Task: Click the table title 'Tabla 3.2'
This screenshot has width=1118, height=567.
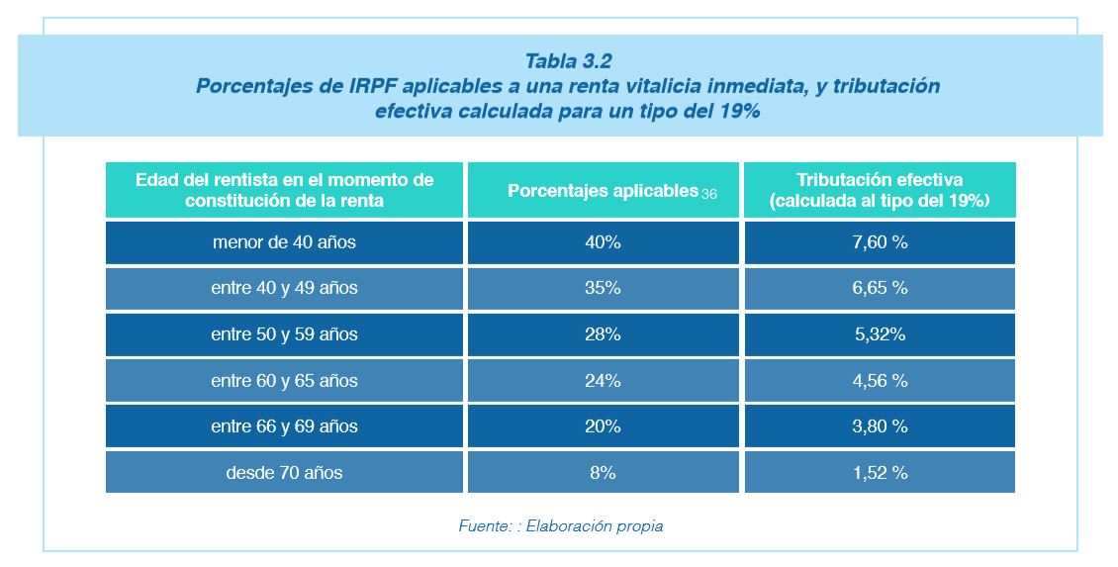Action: [568, 62]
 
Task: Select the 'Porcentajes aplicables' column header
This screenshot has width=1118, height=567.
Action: [603, 191]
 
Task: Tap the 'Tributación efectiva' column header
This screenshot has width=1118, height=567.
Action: [880, 191]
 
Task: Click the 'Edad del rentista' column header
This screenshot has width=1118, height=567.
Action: [284, 191]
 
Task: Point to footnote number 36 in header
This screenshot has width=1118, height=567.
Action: [709, 195]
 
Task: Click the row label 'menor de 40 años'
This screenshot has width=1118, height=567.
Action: [284, 242]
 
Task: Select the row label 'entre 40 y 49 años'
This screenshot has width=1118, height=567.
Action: [284, 288]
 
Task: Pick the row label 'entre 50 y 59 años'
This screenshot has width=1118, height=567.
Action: [284, 334]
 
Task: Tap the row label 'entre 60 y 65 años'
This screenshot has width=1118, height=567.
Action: [284, 381]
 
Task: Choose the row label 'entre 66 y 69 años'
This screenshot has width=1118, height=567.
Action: [284, 426]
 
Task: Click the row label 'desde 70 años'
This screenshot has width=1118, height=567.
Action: [284, 473]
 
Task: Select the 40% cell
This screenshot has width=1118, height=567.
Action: [603, 242]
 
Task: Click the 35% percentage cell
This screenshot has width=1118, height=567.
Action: [603, 288]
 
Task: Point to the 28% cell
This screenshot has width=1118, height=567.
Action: [603, 334]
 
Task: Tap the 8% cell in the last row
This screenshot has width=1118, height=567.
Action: [603, 473]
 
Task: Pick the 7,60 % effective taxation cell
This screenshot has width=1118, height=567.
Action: [880, 242]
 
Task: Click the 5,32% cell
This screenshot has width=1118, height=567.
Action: [880, 334]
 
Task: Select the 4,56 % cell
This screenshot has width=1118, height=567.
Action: [880, 381]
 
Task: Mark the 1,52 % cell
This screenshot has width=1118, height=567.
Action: [880, 473]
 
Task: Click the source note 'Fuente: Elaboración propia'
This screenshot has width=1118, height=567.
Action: [560, 526]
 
